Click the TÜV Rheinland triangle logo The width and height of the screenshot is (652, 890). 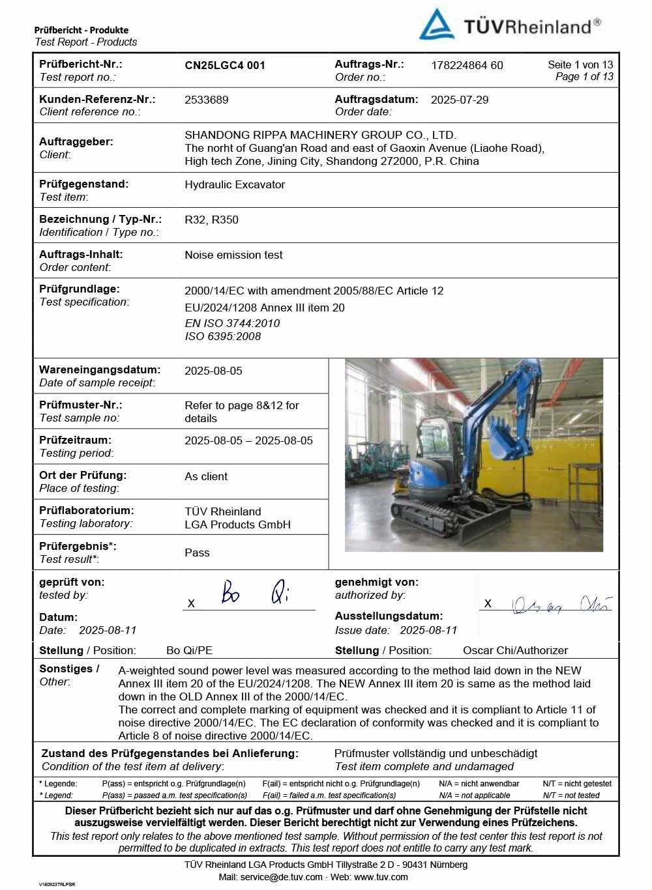click(x=436, y=25)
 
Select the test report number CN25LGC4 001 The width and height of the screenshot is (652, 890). click(x=225, y=65)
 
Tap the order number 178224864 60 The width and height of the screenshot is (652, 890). click(x=467, y=65)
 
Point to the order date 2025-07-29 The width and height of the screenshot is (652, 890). click(x=460, y=100)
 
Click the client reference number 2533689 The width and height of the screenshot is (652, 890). click(x=207, y=100)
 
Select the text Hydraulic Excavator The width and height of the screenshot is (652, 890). click(x=235, y=184)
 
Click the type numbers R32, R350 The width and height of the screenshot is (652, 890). click(x=211, y=220)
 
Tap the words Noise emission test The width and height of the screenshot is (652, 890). click(x=233, y=255)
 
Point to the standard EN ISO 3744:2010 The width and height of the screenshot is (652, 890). click(x=232, y=323)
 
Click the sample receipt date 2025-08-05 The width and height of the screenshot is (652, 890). click(x=213, y=371)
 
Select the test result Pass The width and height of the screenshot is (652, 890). click(x=197, y=553)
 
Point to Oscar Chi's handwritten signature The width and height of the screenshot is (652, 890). click(x=561, y=605)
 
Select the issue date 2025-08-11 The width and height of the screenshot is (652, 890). click(x=428, y=630)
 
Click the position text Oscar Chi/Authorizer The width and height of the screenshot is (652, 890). click(x=515, y=650)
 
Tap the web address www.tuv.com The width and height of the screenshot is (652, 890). click(x=381, y=877)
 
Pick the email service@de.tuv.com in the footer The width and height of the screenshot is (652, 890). click(x=281, y=877)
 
